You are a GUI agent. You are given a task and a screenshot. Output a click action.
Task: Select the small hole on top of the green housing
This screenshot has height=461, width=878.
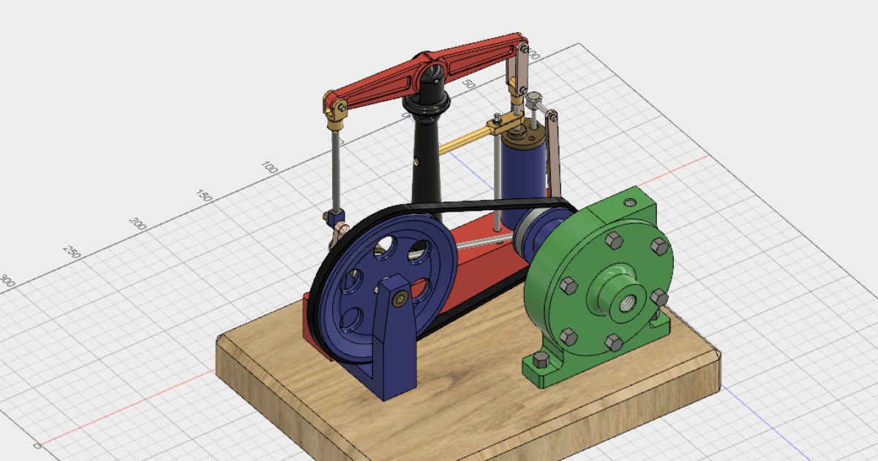[x=628, y=200]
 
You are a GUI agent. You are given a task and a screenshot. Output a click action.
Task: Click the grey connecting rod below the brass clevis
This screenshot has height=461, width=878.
[x=336, y=168]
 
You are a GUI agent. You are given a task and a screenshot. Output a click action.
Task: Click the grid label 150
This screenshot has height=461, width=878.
[x=204, y=195]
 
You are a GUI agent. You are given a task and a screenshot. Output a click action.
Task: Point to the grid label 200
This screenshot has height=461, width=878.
[x=138, y=223]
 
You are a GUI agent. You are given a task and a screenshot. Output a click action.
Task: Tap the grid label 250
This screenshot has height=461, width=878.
[x=72, y=251]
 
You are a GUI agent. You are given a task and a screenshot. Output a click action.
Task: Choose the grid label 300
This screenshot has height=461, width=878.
[x=7, y=280]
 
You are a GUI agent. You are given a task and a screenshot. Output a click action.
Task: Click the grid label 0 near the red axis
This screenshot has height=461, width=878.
[x=37, y=445]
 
